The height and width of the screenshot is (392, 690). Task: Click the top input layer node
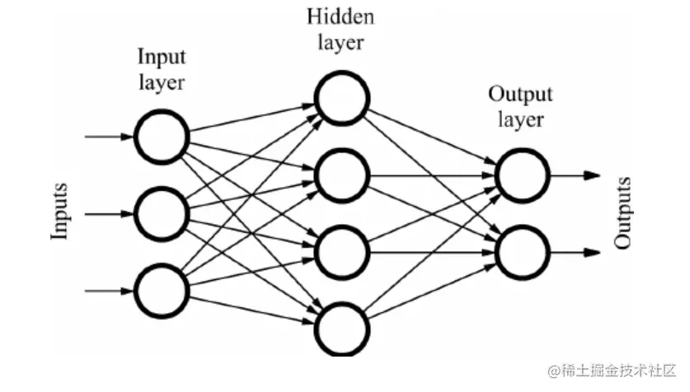point(162,138)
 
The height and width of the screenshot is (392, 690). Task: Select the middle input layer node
point(162,213)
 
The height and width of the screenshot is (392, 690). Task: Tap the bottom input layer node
point(162,290)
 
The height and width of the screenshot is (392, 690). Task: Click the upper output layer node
point(523,175)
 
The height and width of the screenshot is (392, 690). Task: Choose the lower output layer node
point(523,250)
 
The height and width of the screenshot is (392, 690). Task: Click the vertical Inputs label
point(60,212)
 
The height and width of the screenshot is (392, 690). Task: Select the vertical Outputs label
point(624,212)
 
